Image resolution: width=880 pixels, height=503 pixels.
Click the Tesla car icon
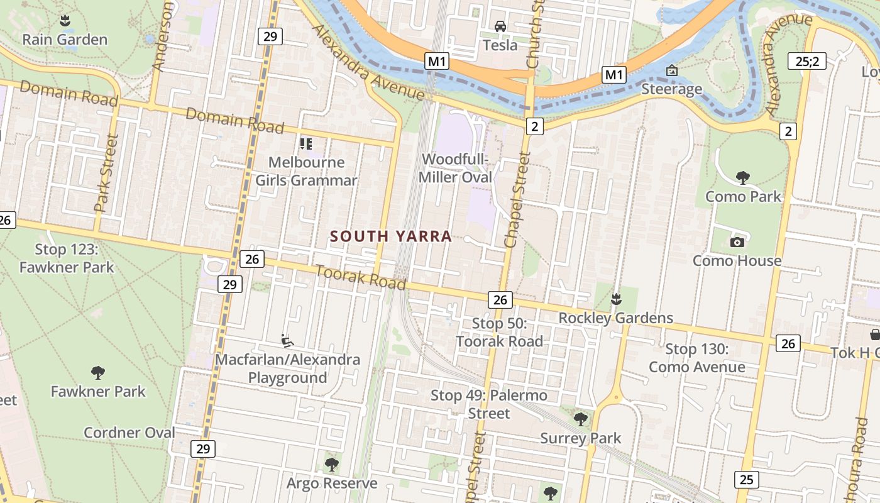point(500,26)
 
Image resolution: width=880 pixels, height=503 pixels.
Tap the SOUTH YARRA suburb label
point(391,236)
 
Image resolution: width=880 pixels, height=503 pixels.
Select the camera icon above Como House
point(737,242)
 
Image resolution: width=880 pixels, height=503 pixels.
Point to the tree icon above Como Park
point(742,177)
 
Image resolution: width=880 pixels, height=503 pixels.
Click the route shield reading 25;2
point(806,61)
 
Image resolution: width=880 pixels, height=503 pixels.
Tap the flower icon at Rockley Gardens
point(616,298)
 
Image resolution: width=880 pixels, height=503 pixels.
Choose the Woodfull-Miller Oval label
point(455,168)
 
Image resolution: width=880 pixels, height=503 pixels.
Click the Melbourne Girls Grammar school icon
point(306,144)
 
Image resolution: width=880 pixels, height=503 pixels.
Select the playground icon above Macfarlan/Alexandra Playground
point(287,341)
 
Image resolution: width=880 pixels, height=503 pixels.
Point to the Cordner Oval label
point(129,433)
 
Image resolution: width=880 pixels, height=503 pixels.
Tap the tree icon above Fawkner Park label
point(97,372)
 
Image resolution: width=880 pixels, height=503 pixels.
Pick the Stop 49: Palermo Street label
point(488,404)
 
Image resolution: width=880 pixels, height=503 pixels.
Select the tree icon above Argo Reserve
point(331,465)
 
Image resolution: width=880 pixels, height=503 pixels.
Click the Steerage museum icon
point(671,70)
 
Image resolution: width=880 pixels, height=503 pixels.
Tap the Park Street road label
point(106,173)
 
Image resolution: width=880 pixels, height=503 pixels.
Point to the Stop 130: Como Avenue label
point(696,358)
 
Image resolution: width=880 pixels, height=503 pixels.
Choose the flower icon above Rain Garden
point(65,21)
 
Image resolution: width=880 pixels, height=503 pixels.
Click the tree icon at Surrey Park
point(581,418)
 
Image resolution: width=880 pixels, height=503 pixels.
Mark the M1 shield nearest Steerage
point(613,75)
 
